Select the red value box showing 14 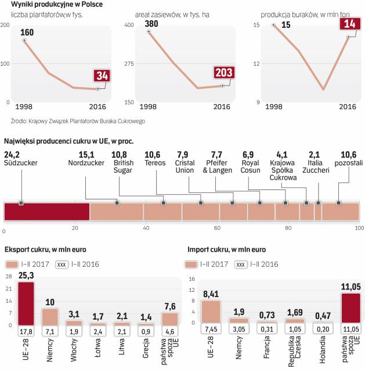coord(349,24)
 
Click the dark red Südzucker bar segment coord(46,212)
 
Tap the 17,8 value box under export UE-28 coord(26,331)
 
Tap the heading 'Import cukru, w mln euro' coord(227,249)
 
